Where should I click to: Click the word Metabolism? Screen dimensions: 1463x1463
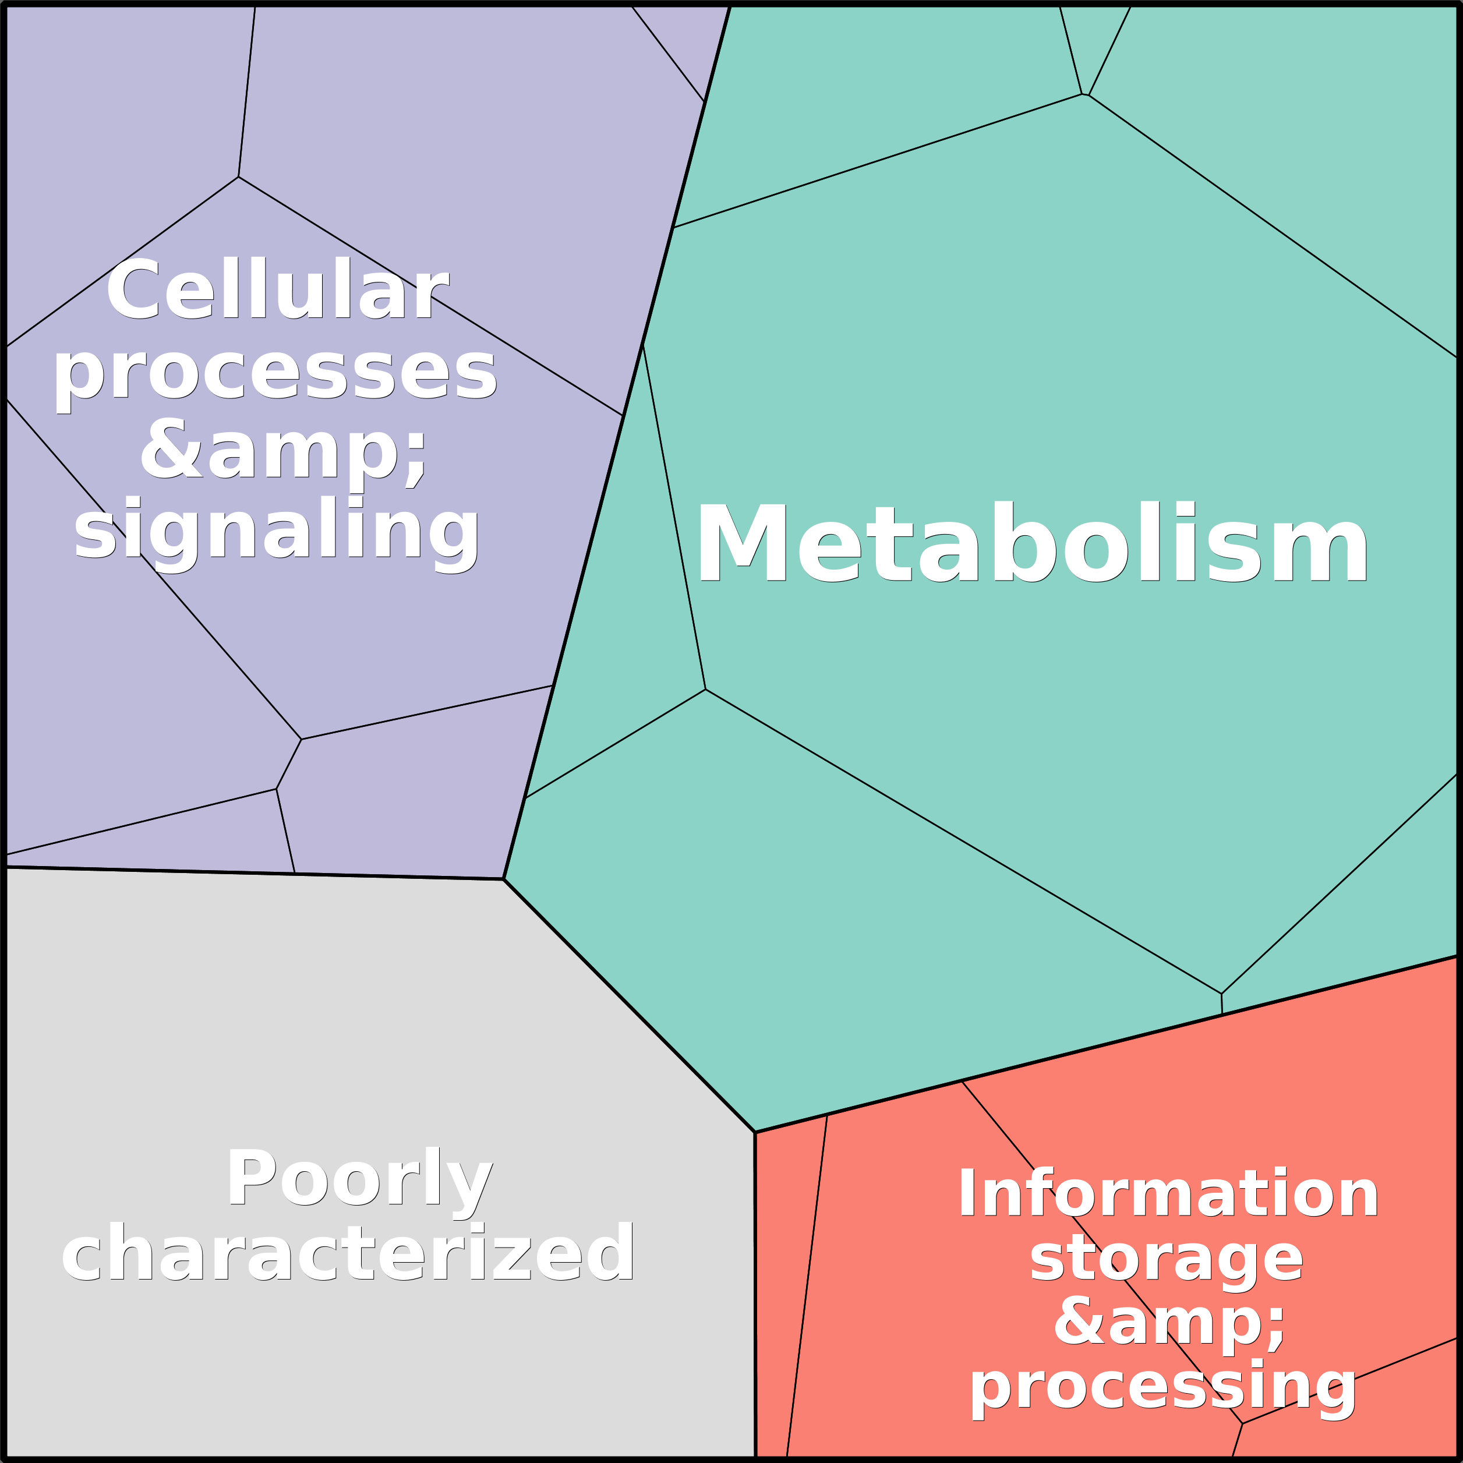pos(1031,544)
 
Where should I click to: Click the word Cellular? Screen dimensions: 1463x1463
pos(277,291)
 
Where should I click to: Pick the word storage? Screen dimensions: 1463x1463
pos(1166,1259)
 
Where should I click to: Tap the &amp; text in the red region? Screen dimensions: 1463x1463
pos(1170,1323)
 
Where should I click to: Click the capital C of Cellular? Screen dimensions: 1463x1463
pos(133,291)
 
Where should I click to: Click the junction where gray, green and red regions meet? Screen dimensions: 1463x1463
pos(755,1133)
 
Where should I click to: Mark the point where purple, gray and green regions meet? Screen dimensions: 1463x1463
pos(504,879)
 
